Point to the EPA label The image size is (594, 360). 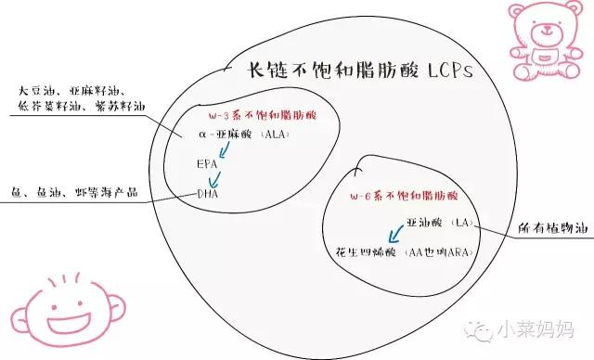[207, 164]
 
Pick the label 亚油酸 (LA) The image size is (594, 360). [440, 224]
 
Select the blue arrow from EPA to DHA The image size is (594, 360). [216, 179]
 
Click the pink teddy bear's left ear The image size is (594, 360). [514, 11]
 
